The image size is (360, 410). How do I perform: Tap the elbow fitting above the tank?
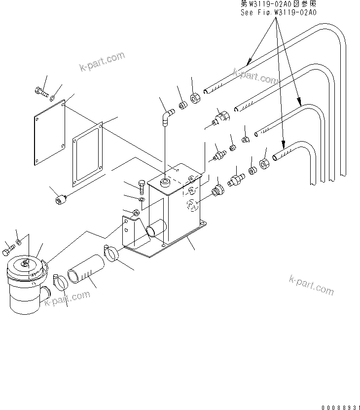[168, 116]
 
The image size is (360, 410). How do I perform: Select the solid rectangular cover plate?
[50, 134]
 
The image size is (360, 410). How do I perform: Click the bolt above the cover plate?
[41, 91]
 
